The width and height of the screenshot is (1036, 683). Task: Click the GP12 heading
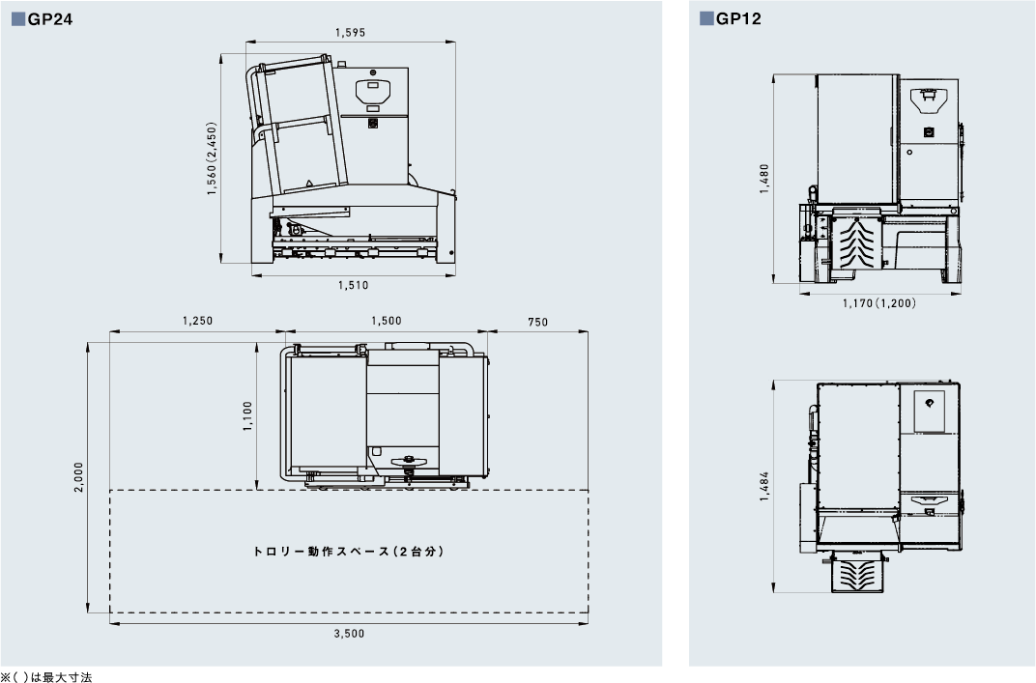pos(738,17)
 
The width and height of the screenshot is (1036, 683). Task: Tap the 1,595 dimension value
pos(350,32)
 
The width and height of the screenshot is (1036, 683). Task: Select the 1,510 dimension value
pos(353,285)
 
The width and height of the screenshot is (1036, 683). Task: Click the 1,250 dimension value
pos(196,321)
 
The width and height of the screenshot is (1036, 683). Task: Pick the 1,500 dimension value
pos(386,321)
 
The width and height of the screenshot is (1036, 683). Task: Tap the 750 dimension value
pos(538,321)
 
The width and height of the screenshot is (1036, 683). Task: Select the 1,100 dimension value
pos(247,417)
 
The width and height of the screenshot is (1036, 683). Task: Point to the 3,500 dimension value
pos(349,634)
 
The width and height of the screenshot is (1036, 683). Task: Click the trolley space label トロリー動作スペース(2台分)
pos(348,552)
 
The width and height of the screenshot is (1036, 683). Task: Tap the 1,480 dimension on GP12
pos(763,180)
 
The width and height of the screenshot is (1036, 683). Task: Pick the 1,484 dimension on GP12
pos(763,486)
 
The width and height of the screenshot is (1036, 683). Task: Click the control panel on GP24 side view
pos(375,93)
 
